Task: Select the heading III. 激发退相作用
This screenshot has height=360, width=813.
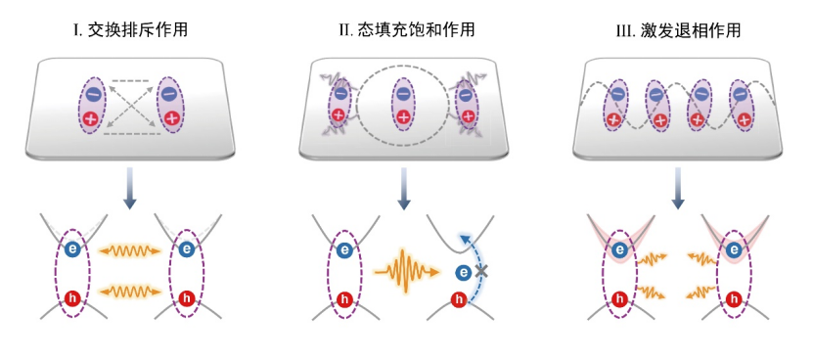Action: tap(678, 30)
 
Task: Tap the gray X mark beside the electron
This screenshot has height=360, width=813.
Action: tap(481, 269)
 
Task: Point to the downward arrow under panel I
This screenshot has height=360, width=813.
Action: tap(130, 188)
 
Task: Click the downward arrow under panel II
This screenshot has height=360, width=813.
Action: tap(404, 188)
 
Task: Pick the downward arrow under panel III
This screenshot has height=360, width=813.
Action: tap(678, 188)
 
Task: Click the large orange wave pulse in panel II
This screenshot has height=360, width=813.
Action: tap(403, 266)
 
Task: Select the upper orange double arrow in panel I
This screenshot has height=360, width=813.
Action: tap(130, 250)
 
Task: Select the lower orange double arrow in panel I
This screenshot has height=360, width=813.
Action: tap(130, 290)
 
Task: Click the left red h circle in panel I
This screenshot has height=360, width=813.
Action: tap(71, 297)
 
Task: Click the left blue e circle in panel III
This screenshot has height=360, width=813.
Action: tap(619, 250)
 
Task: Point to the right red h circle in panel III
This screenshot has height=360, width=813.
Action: tap(735, 297)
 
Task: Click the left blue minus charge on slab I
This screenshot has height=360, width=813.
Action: tap(93, 95)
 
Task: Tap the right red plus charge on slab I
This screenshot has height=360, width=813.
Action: tap(171, 118)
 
